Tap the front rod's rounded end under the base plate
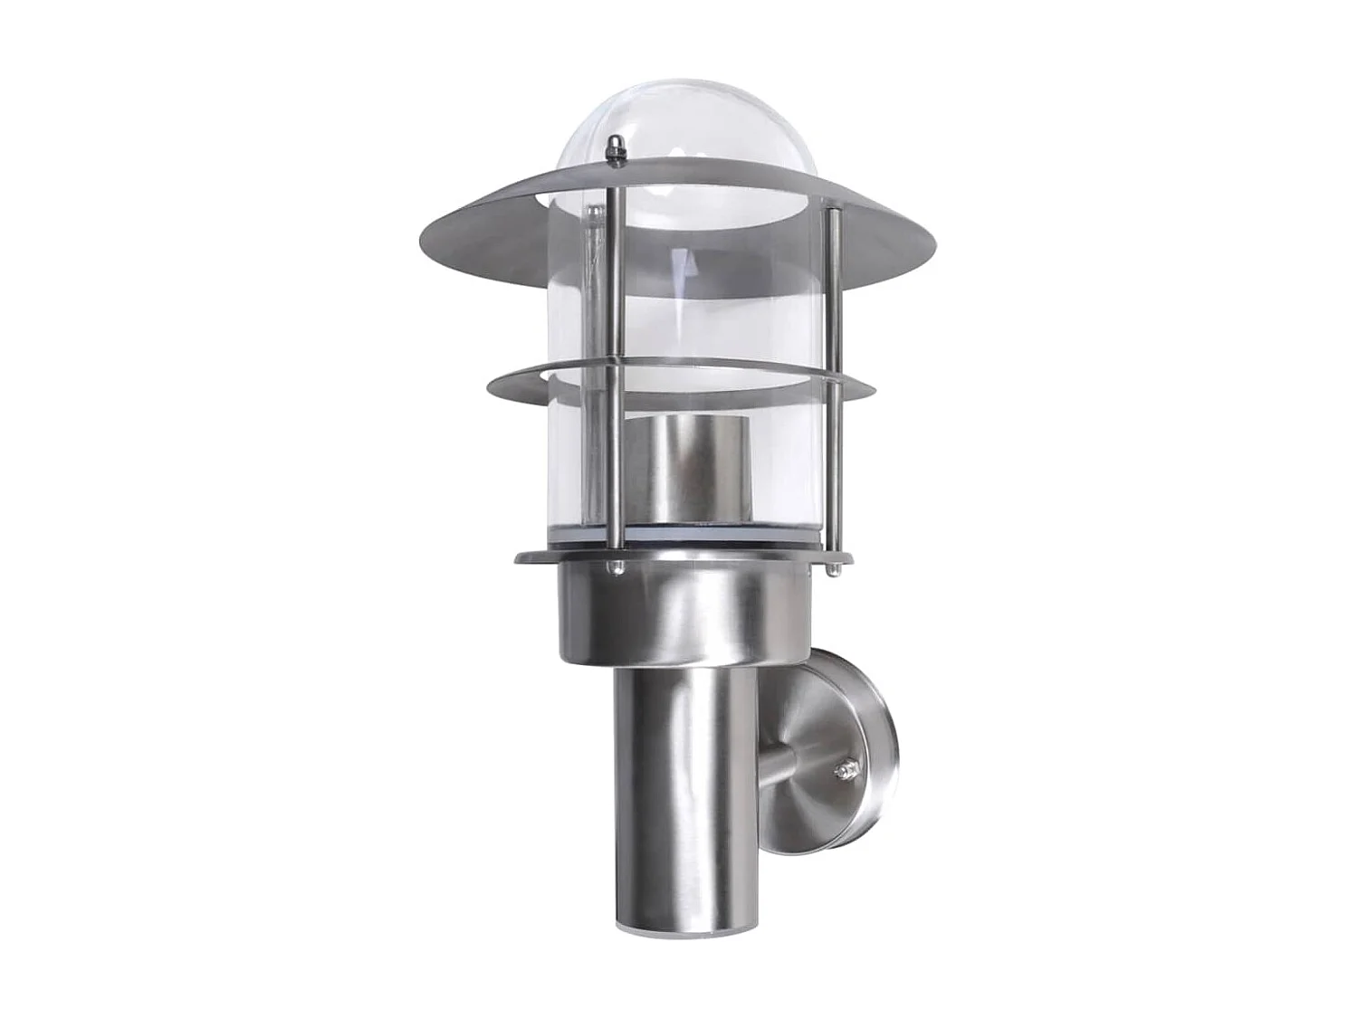[617, 568]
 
